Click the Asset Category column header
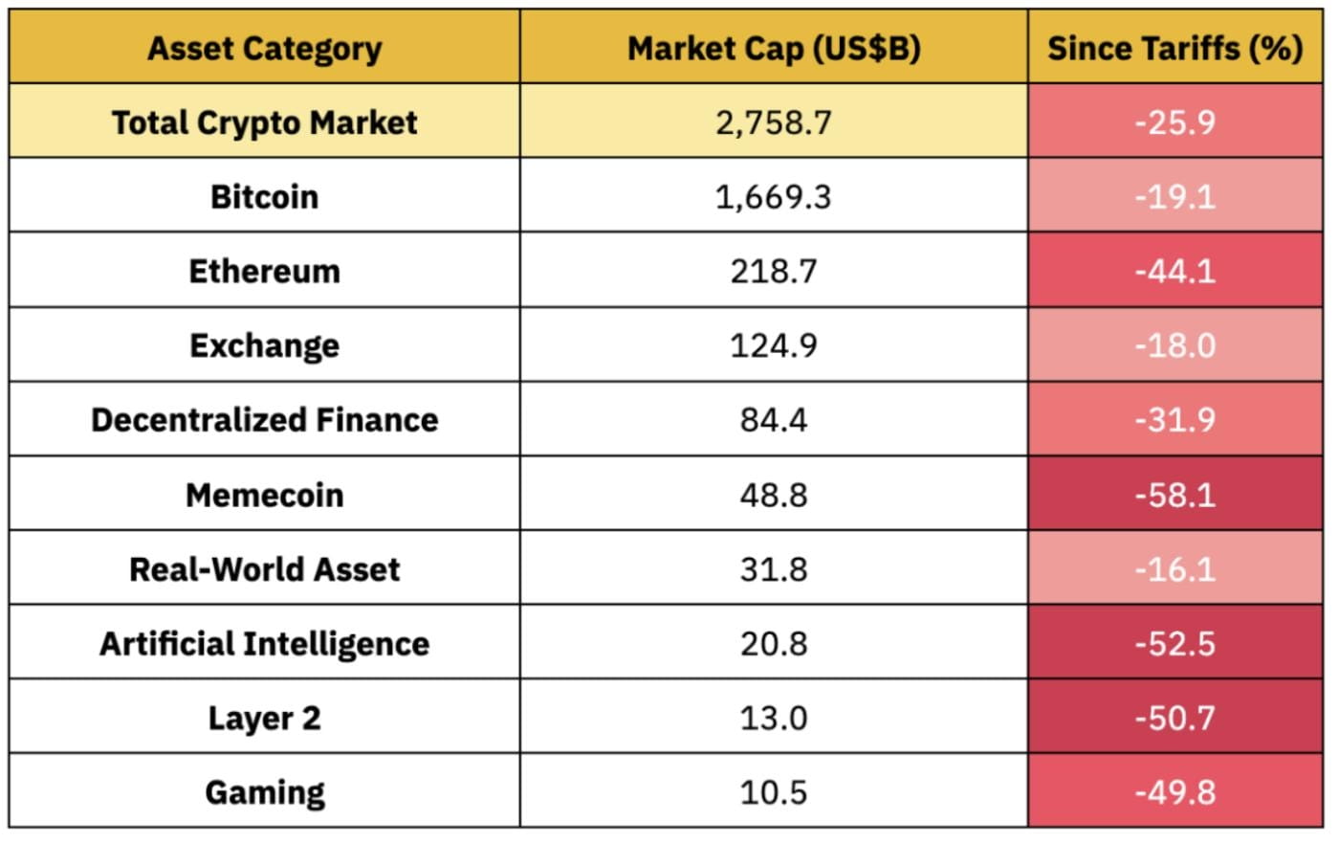pyautogui.click(x=264, y=48)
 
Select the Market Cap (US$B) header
pyautogui.click(x=773, y=48)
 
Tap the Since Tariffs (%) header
pyautogui.click(x=1174, y=48)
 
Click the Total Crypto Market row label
pyautogui.click(x=264, y=122)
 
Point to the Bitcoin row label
pyautogui.click(x=264, y=196)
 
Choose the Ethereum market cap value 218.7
pyautogui.click(x=773, y=271)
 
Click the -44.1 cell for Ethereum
pyautogui.click(x=1174, y=271)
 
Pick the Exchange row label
pyautogui.click(x=264, y=345)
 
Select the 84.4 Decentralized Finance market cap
pyautogui.click(x=773, y=419)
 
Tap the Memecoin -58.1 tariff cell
pyautogui.click(x=1174, y=495)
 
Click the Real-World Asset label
pyautogui.click(x=264, y=569)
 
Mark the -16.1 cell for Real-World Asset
pyautogui.click(x=1174, y=569)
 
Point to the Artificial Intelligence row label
pyautogui.click(x=264, y=643)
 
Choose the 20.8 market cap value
pyautogui.click(x=773, y=643)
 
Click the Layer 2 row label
pyautogui.click(x=264, y=718)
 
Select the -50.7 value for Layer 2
pyautogui.click(x=1174, y=718)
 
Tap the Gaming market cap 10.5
pyautogui.click(x=773, y=792)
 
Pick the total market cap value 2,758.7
pyautogui.click(x=773, y=122)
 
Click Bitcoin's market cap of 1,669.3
pyautogui.click(x=773, y=196)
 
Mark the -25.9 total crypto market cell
pyautogui.click(x=1174, y=122)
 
